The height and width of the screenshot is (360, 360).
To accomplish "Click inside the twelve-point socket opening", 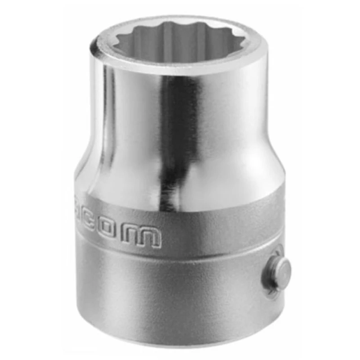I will [x=180, y=38].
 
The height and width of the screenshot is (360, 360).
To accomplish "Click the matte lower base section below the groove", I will [x=171, y=297].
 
